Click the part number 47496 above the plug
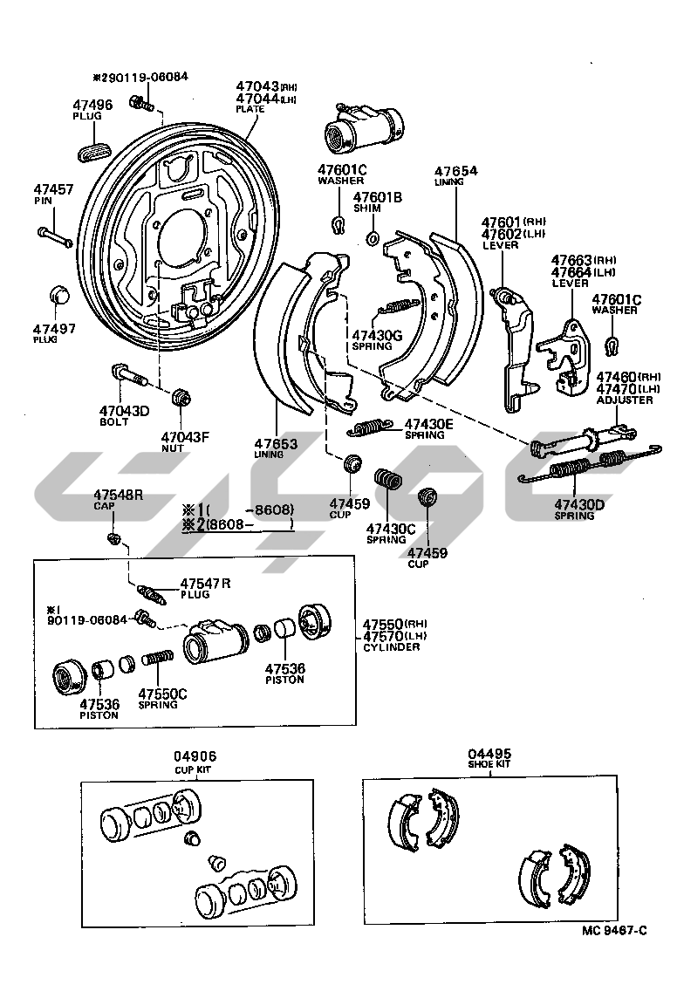click(x=92, y=105)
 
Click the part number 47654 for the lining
click(x=456, y=172)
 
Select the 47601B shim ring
click(x=372, y=237)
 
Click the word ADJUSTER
click(x=625, y=400)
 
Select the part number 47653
click(x=276, y=443)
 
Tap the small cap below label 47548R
click(x=113, y=537)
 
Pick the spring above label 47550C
click(x=157, y=670)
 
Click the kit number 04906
click(x=195, y=756)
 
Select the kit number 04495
click(x=489, y=753)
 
